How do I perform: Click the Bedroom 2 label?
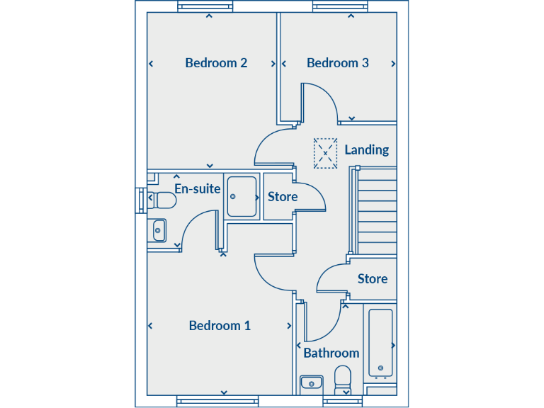pos(216,63)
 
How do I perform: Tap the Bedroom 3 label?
pos(337,63)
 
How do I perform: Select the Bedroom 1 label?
pos(220,326)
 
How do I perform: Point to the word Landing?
pos(366,150)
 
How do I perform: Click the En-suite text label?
pos(198,189)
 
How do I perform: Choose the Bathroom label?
pos(331,353)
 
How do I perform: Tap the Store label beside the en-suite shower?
pos(282,197)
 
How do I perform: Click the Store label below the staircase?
pos(372,279)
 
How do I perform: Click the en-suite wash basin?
pos(159,229)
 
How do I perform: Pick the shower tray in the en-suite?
pos(242,196)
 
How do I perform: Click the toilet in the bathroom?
pos(344,378)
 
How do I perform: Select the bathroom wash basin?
pos(311,383)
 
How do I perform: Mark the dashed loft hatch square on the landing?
pos(325,153)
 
